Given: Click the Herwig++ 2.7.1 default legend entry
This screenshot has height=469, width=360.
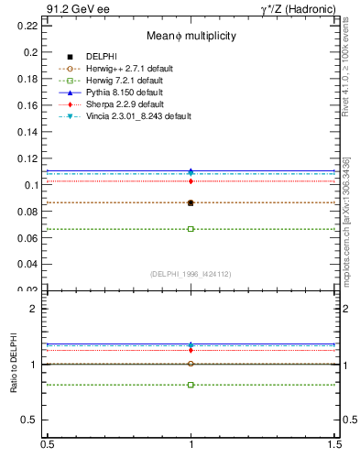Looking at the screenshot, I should (121, 69).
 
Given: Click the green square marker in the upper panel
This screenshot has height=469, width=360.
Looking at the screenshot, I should (191, 229).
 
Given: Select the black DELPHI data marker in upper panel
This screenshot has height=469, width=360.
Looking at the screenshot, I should (191, 202).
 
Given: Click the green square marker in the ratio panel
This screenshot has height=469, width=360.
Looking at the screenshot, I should (191, 385).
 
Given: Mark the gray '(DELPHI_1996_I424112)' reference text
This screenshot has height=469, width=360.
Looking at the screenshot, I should (191, 274).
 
